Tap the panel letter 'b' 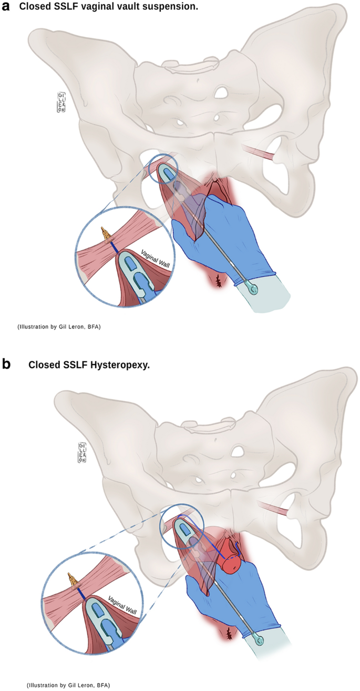coord(7,364)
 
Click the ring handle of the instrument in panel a coord(254,290)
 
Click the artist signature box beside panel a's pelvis coord(60,101)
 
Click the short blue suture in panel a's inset coord(113,247)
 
